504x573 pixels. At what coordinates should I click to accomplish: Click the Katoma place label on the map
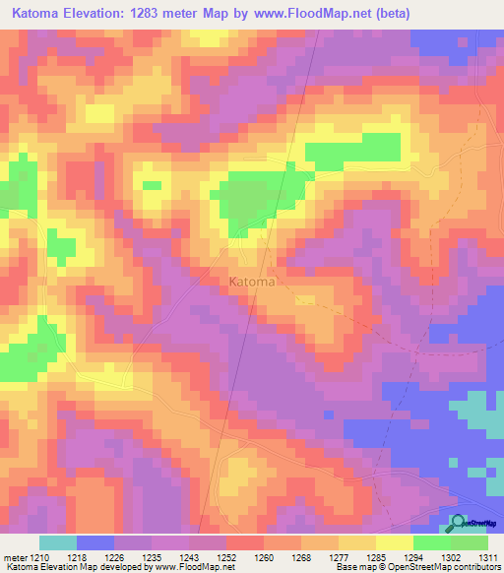(252, 282)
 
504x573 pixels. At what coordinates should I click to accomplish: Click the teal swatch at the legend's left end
(58, 542)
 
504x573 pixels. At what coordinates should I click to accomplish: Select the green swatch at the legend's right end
(469, 542)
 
